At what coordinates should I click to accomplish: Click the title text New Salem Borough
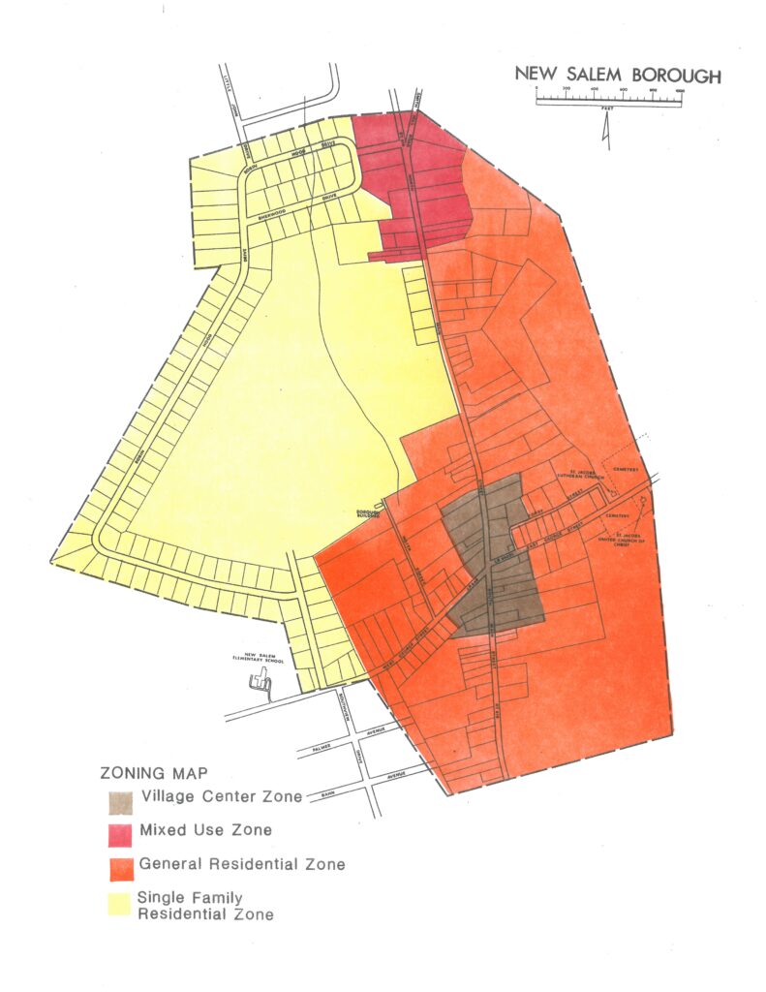(x=617, y=75)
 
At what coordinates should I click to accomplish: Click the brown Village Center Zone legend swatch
(x=120, y=802)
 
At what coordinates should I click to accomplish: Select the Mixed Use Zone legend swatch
(x=120, y=833)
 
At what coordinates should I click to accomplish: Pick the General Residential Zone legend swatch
(x=120, y=866)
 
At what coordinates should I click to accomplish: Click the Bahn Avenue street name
(x=333, y=787)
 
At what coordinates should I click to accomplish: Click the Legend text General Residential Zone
(x=242, y=864)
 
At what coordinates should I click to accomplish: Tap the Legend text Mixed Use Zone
(x=205, y=830)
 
